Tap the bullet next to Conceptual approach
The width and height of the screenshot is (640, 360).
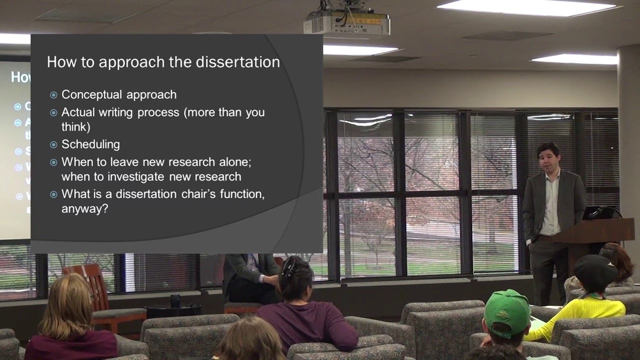click(53, 95)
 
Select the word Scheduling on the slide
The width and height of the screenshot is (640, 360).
click(90, 144)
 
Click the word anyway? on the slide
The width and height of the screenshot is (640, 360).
click(84, 208)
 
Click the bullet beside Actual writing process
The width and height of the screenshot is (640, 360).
click(53, 112)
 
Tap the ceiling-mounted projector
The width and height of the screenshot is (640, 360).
click(346, 22)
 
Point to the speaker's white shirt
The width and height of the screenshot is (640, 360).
click(550, 205)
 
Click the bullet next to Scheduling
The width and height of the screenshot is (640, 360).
click(53, 145)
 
